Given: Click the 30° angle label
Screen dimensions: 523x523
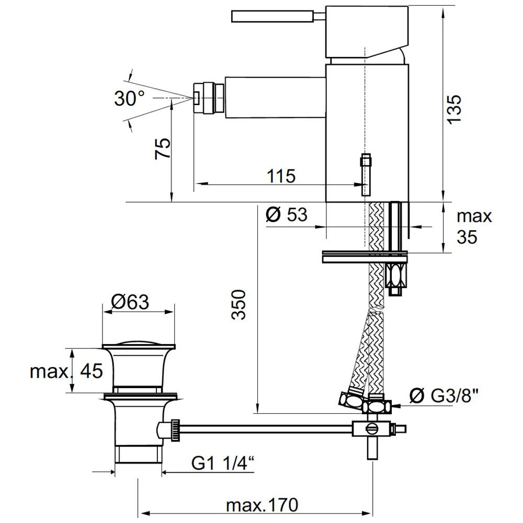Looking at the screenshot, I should [x=129, y=97].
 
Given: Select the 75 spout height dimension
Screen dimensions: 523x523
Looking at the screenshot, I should [x=163, y=149].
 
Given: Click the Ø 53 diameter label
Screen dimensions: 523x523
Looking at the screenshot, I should [x=286, y=215].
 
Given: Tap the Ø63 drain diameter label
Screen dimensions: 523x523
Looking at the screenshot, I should [x=130, y=302].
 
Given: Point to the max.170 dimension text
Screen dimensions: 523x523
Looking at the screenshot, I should [x=262, y=505].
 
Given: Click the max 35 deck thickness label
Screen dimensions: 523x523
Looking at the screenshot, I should [x=474, y=226].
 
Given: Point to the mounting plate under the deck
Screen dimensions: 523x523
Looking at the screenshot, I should [x=365, y=257].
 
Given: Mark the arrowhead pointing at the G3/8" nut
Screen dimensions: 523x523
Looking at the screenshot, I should [x=396, y=406].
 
